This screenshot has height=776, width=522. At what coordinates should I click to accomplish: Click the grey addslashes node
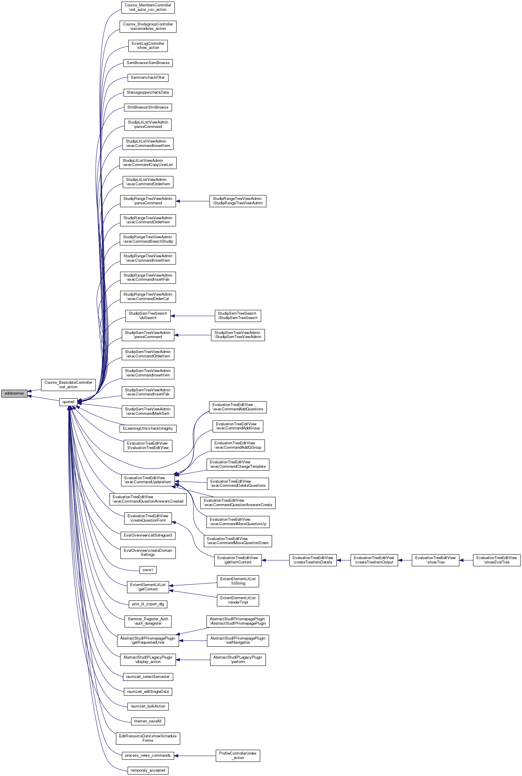coord(14,393)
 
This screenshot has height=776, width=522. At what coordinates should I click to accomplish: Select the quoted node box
coord(68,402)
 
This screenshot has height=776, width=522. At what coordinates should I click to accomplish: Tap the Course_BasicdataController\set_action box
coord(68,385)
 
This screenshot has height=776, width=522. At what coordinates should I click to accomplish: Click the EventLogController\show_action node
coord(148,46)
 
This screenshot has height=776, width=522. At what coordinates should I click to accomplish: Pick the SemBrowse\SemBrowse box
coord(148,63)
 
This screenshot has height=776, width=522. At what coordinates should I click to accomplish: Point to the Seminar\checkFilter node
coord(148,77)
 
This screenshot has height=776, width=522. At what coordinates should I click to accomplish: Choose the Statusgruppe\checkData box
coord(148,92)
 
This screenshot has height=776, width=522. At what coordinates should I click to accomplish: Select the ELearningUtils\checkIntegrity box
coord(148,428)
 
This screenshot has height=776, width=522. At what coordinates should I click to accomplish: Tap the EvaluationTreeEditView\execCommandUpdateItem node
coord(148,480)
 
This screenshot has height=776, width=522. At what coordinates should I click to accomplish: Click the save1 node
coord(148,570)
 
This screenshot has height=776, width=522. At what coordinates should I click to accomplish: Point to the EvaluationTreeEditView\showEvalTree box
coord(496,560)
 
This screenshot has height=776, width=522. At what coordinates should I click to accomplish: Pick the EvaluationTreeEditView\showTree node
coord(435,560)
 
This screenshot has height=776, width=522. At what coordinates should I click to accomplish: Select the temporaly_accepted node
coord(148,770)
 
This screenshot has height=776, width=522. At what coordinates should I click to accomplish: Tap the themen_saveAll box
coord(148,721)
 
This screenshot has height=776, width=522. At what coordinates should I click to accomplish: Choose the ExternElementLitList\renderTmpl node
coord(238,600)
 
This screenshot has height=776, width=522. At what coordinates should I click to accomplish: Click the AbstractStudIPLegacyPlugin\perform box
coord(238,659)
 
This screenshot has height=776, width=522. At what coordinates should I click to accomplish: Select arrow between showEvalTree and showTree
coord(466,560)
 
